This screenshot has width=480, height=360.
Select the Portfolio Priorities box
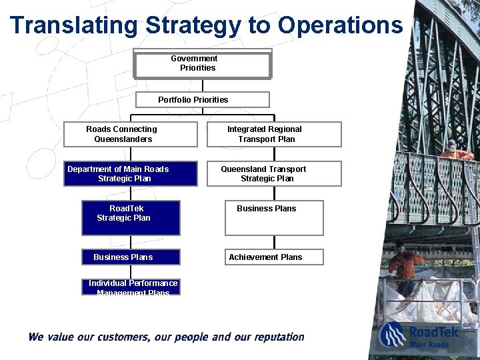pyautogui.click(x=203, y=100)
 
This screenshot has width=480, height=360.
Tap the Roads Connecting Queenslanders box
pyautogui.click(x=131, y=134)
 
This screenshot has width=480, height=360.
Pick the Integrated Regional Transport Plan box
pyautogui.click(x=274, y=134)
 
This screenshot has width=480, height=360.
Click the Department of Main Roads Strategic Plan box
pyautogui.click(x=131, y=173)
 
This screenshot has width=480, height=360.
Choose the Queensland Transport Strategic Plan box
pyautogui.click(x=274, y=173)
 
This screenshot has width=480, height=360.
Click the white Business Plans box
pyautogui.click(x=274, y=218)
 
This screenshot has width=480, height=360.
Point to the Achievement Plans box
pyautogui.click(x=274, y=257)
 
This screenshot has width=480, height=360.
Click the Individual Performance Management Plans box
pyautogui.click(x=131, y=287)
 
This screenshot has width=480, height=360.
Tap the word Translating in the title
pyautogui.click(x=73, y=25)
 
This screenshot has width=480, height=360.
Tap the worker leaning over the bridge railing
pyautogui.click(x=455, y=151)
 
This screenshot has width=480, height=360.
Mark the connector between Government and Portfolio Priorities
pyautogui.click(x=203, y=85)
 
